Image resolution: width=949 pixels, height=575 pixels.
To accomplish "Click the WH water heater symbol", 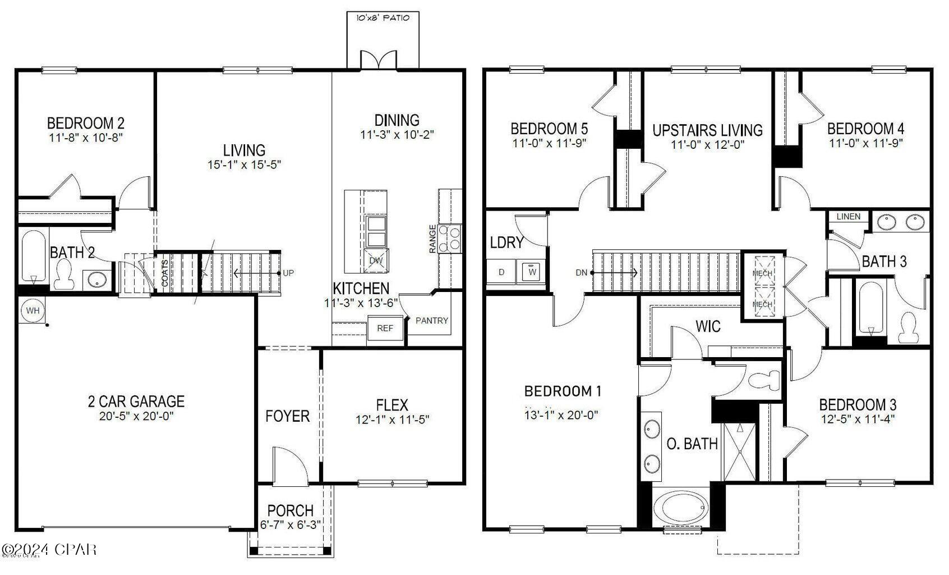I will click(33, 311).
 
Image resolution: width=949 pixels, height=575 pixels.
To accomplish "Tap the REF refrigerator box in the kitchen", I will click(385, 328).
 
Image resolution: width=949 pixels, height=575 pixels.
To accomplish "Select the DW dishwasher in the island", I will click(376, 261).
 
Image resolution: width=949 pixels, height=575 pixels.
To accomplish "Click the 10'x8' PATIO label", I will click(383, 18).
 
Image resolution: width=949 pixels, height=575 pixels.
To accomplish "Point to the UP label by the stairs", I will click(288, 273).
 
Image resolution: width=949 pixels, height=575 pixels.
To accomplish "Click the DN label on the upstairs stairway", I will click(581, 273).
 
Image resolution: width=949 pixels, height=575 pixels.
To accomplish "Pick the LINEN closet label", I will click(848, 217).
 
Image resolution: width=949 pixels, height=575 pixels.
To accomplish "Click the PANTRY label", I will click(432, 321).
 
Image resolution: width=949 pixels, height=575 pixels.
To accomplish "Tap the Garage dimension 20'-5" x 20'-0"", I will click(136, 416).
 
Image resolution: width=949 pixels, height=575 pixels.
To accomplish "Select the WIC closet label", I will click(708, 327).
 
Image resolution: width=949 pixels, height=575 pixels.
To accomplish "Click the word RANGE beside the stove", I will click(432, 239).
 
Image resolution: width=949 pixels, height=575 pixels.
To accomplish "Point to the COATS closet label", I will click(165, 273).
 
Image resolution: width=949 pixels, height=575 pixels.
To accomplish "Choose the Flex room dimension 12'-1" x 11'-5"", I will click(392, 419).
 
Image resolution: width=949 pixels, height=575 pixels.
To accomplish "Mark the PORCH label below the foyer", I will click(290, 511).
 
